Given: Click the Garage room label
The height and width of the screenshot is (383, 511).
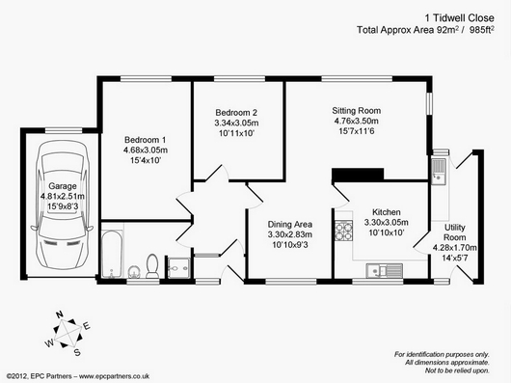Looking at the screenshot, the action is (x=63, y=186).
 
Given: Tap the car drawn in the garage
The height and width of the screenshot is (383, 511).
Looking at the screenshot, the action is (x=62, y=205).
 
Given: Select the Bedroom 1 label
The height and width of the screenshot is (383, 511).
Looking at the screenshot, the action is (x=145, y=140).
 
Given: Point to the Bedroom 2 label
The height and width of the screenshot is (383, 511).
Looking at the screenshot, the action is (x=236, y=113).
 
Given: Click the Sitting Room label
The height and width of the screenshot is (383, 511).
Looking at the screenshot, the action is (x=356, y=111).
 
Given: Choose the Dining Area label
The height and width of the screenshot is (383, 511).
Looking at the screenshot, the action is (x=289, y=224).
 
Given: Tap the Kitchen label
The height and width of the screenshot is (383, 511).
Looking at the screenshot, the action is (x=387, y=212).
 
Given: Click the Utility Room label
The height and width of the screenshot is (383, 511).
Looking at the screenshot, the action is (x=455, y=233).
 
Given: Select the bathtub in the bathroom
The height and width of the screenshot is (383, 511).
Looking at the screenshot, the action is (x=112, y=254).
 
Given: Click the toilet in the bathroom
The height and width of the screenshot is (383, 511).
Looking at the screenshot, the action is (x=152, y=265).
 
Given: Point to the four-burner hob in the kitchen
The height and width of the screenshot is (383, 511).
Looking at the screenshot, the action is (x=344, y=231).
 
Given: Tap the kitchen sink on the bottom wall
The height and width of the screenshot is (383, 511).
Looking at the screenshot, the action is (x=385, y=270).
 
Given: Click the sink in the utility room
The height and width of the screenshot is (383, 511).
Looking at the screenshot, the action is (x=439, y=171).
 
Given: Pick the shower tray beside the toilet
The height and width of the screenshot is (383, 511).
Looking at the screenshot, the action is (x=178, y=268).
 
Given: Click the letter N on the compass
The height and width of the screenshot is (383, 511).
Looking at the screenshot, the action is (x=60, y=315).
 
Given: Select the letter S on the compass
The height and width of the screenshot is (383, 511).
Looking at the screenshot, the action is (x=77, y=352).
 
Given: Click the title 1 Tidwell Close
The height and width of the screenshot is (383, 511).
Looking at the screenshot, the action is (x=459, y=18).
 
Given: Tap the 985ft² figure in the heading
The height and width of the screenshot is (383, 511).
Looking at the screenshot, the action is (x=482, y=29).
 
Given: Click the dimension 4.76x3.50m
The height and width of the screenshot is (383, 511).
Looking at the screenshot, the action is (x=356, y=122).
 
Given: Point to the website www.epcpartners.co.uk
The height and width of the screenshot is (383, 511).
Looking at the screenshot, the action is (x=114, y=376).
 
